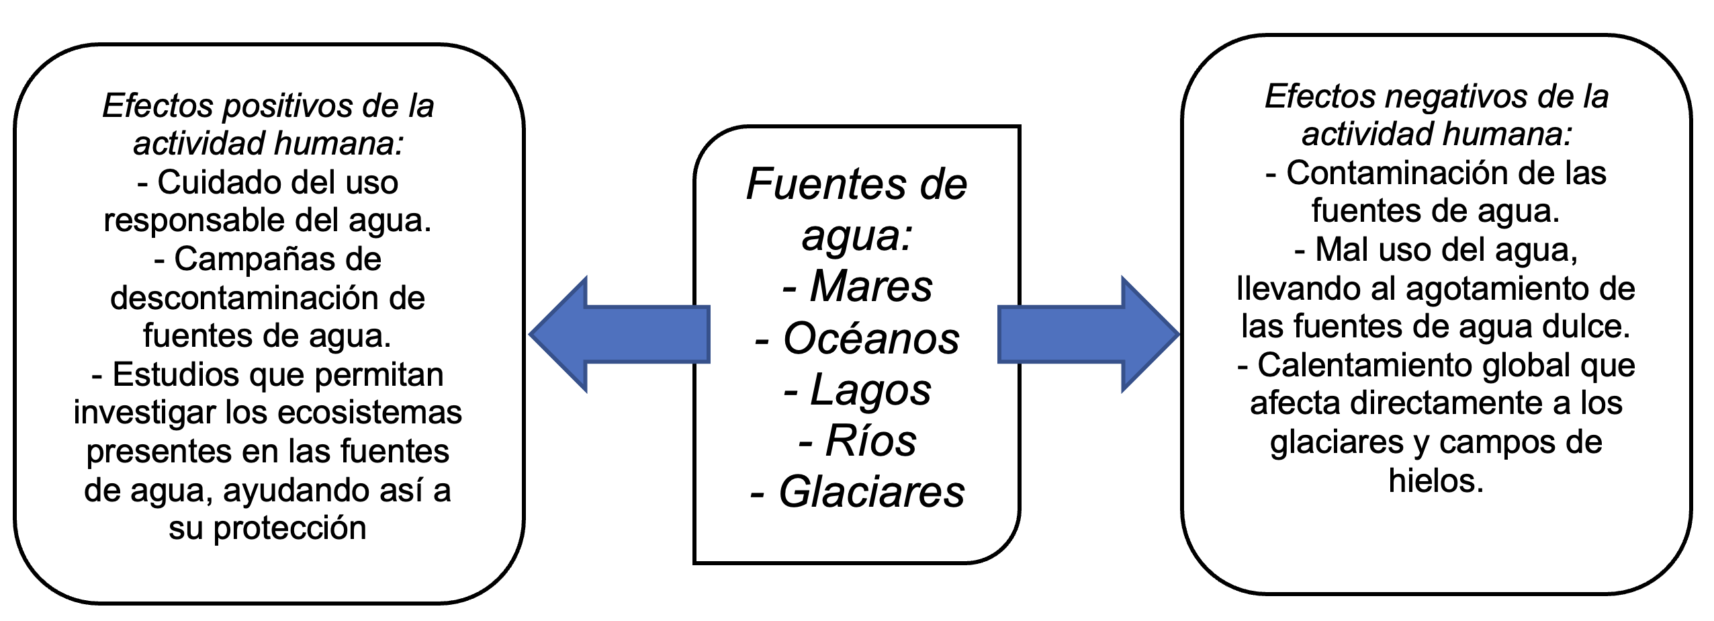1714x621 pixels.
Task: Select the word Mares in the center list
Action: [871, 286]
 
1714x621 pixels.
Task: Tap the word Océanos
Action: [871, 338]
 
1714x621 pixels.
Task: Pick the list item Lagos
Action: [871, 390]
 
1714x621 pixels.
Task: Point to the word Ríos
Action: [871, 441]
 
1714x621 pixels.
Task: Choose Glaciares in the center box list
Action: [871, 492]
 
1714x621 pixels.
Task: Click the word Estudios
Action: [175, 374]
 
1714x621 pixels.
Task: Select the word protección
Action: [289, 528]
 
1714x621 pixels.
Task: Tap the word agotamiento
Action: [1496, 289]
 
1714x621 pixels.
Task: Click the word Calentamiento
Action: [1364, 366]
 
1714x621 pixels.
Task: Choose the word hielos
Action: [1436, 481]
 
